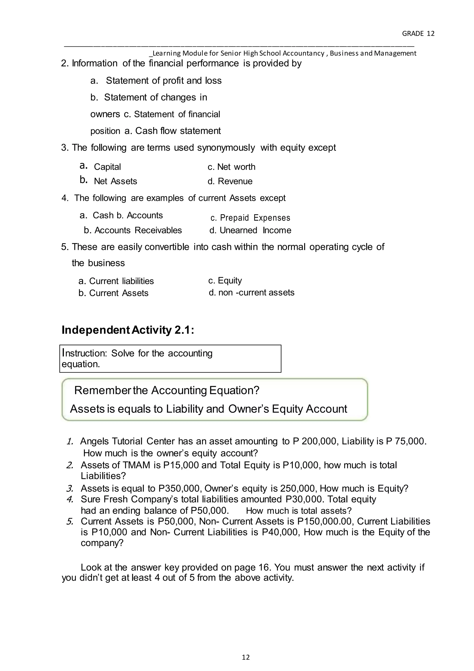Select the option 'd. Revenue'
[x=230, y=181]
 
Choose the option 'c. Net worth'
[x=231, y=167]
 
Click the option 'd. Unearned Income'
[x=250, y=230]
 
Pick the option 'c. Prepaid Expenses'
[x=250, y=218]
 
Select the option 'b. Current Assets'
[x=113, y=293]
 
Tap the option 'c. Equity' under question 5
[x=225, y=281]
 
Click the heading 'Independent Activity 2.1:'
[x=128, y=330]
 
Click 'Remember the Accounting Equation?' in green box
[x=167, y=390]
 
